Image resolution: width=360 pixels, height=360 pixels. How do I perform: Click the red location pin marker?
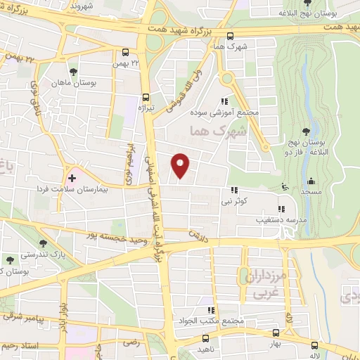(181, 166)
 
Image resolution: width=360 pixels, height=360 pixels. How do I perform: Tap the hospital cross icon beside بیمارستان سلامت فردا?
(71, 169)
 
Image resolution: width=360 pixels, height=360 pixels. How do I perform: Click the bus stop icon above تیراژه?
(146, 98)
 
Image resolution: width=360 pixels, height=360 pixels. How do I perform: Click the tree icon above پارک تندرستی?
(44, 243)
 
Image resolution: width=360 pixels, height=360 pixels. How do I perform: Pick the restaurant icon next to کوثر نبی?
(234, 190)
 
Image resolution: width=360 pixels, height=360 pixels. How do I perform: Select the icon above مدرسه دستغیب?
(282, 209)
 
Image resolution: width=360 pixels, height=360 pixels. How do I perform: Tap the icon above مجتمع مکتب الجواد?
(210, 310)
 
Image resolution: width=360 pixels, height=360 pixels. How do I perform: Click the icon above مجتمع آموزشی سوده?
(225, 101)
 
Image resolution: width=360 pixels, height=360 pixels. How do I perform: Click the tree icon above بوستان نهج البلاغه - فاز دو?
(306, 131)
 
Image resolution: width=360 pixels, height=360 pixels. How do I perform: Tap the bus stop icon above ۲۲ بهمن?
(125, 52)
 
